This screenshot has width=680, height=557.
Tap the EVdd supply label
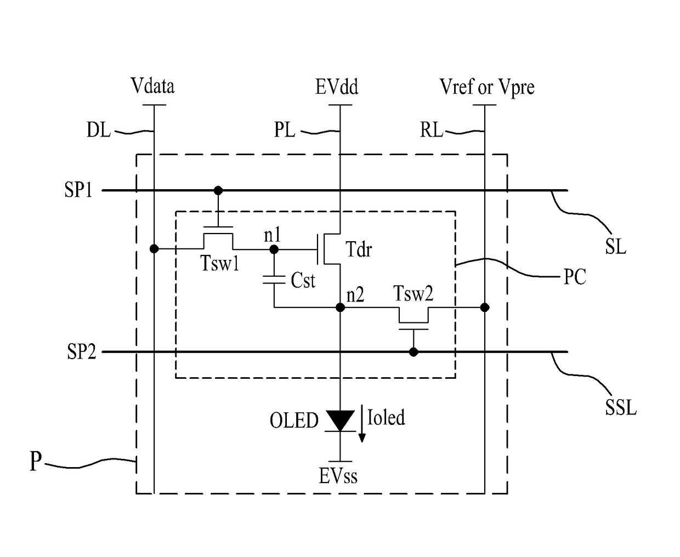point(337,87)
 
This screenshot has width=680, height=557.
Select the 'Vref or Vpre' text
point(487,87)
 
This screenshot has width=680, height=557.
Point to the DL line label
point(99,130)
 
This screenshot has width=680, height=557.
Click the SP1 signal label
point(78,190)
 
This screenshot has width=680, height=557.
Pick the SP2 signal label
point(81,351)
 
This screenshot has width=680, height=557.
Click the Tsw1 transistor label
point(219,263)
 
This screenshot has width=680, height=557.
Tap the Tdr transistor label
point(359,249)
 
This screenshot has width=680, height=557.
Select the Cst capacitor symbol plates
point(274,280)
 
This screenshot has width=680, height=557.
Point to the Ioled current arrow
point(362,423)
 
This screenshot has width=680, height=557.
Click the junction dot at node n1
point(274,249)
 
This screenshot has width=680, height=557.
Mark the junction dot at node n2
point(340,308)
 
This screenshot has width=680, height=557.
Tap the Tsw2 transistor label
point(413,293)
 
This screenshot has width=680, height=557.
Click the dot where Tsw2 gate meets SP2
point(413,352)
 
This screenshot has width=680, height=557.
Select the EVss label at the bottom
point(338,476)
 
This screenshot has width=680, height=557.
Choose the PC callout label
point(574,277)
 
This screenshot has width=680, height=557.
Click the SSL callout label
point(621,407)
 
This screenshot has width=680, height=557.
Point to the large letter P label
point(36,461)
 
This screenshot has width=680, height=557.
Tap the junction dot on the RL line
point(485,308)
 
